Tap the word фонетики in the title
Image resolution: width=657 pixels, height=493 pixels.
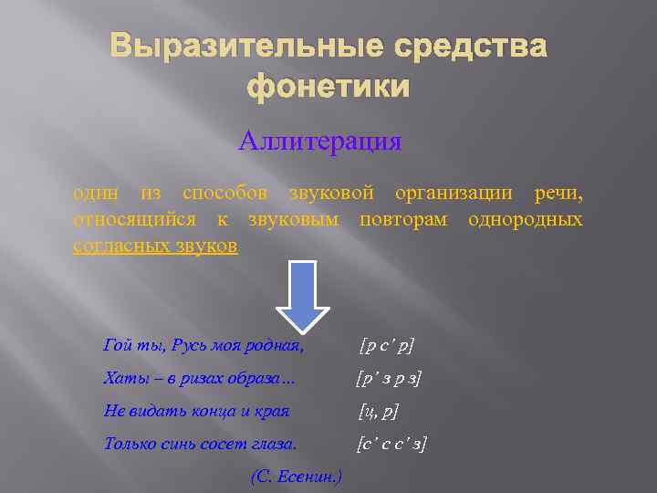coord(328,88)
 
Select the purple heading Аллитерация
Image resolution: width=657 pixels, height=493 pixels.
coord(320,142)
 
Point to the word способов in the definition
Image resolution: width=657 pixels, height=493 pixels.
coord(224,194)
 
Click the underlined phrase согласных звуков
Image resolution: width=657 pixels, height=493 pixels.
coord(155,246)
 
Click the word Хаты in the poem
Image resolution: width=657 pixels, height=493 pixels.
coord(122,379)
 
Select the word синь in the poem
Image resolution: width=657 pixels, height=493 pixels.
coord(175,445)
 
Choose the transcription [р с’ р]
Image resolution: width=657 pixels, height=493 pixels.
coord(387,346)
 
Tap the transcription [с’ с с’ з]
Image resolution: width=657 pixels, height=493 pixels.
coord(392,445)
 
